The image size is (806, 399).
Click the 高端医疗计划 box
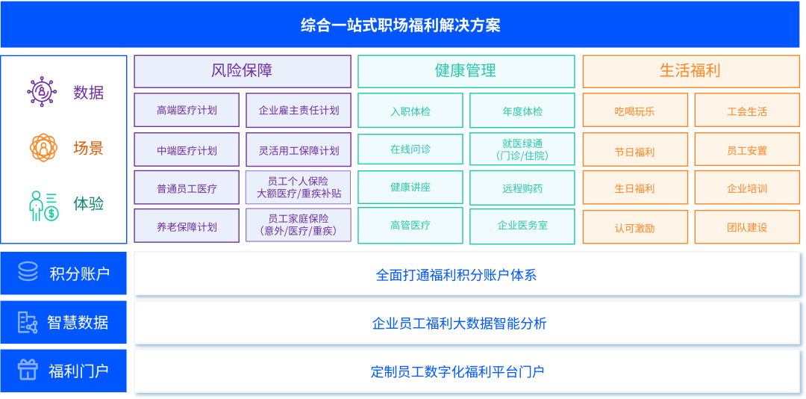(187, 110)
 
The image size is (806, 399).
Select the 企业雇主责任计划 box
(299, 110)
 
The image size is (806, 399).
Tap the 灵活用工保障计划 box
(299, 150)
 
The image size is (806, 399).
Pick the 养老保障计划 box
(187, 226)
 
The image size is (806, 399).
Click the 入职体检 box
(410, 110)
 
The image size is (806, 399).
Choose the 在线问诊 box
(410, 150)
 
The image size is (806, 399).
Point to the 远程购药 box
(522, 188)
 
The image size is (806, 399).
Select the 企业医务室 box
(522, 226)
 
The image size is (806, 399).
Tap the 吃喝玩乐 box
(635, 110)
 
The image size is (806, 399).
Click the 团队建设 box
(747, 226)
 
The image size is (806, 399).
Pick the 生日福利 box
(635, 188)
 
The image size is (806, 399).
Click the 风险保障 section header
(242, 71)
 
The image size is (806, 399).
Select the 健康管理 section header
(466, 71)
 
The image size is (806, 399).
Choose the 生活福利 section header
(691, 71)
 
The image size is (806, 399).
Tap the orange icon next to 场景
(43, 148)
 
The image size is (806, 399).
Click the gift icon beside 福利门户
(28, 370)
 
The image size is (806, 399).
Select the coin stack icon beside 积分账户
(28, 271)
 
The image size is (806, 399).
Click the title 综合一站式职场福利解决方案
(400, 25)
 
